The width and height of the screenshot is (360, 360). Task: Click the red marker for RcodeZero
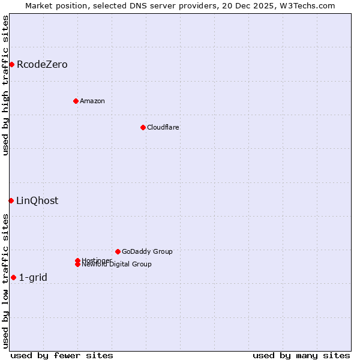[11, 64]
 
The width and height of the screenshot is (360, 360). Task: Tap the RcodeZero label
[42, 64]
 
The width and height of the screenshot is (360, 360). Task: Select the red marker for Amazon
[76, 101]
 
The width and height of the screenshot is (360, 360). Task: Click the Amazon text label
[92, 101]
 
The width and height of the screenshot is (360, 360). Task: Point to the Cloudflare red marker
[143, 127]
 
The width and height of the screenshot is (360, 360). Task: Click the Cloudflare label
[163, 127]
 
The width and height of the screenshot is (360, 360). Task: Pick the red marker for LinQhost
[11, 200]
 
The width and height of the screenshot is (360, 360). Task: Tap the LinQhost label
[37, 200]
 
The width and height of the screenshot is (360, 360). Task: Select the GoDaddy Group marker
[118, 251]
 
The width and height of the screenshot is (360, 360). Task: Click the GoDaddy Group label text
[147, 251]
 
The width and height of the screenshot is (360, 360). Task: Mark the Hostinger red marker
[77, 260]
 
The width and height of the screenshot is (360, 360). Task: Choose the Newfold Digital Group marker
[77, 264]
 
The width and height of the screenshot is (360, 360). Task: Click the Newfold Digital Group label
[117, 265]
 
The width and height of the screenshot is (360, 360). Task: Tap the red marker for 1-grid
[13, 277]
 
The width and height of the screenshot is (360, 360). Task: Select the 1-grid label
[33, 277]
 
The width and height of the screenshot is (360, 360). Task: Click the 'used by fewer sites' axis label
[62, 355]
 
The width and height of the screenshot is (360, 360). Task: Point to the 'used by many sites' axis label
[301, 355]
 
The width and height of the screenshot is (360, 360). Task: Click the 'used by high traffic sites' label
[5, 85]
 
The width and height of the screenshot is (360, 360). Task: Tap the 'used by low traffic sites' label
[5, 281]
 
